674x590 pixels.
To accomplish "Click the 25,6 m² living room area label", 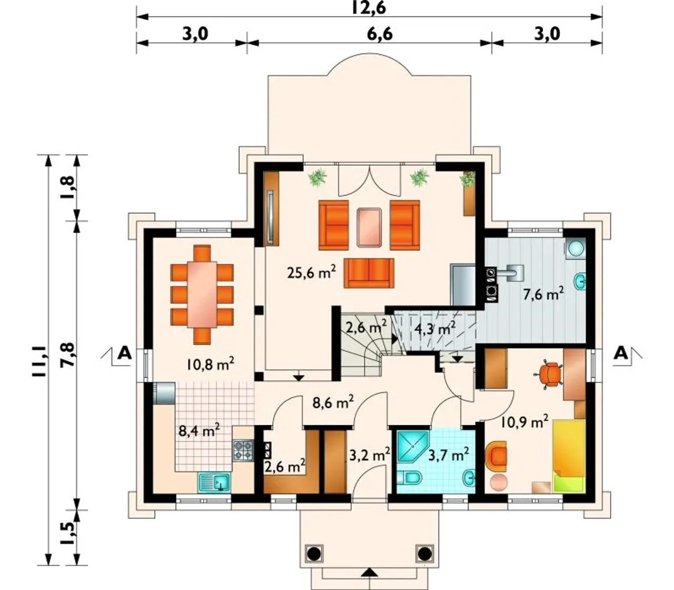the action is coord(311,272).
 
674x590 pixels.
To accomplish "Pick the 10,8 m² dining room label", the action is coord(211,364).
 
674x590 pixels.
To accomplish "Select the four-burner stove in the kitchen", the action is coord(243,450).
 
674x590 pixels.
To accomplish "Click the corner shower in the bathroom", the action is coord(412,447).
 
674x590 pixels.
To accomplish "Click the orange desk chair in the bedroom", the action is coord(550,375).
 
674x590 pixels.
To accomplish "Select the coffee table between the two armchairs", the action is coord(369,228).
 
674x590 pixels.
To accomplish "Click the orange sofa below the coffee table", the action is coord(369,273).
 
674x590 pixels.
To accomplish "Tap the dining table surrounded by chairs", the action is coord(202,294).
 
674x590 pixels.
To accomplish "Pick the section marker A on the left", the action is coord(124,353).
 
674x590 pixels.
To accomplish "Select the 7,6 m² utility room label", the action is coord(543,294).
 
